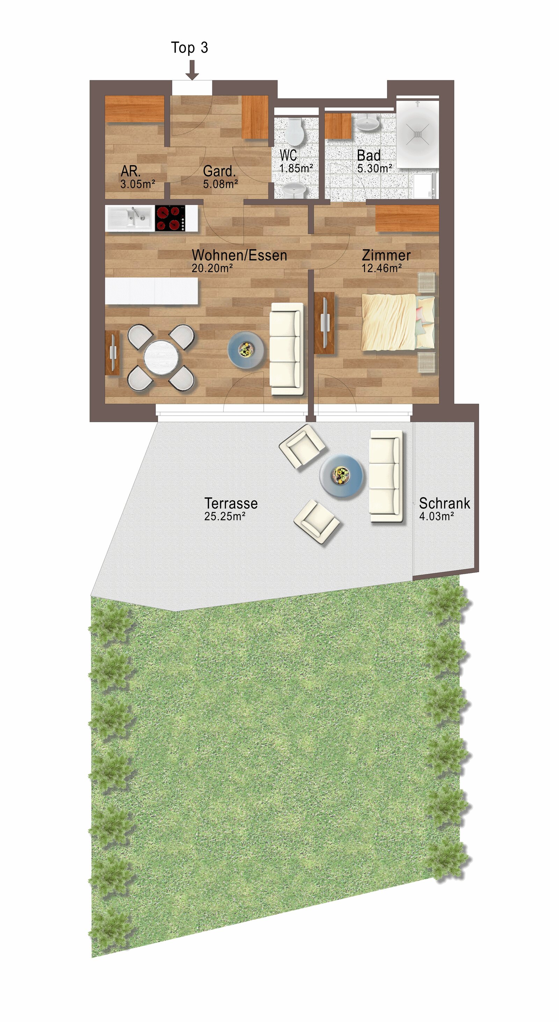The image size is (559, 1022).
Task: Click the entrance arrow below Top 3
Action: [x=192, y=70]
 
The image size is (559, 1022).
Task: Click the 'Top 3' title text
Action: [x=189, y=47]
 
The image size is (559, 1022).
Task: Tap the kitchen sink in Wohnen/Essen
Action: [x=130, y=218]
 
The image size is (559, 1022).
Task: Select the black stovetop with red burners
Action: [x=170, y=218]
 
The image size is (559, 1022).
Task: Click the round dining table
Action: [x=161, y=358]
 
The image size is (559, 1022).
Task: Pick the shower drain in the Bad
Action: [x=417, y=134]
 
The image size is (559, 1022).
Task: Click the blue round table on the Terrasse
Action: [x=341, y=476]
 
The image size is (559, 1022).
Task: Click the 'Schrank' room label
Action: [x=444, y=503]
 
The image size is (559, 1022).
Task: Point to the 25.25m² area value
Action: [x=225, y=516]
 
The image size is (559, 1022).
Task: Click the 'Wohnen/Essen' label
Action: [x=239, y=255]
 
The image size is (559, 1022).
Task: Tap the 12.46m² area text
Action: [x=382, y=268]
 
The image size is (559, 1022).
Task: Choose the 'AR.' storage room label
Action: [x=130, y=171]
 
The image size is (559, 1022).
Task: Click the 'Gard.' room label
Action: [x=219, y=171]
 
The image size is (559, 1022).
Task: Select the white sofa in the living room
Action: [x=286, y=349]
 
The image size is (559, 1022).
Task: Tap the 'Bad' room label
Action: [x=369, y=155]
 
